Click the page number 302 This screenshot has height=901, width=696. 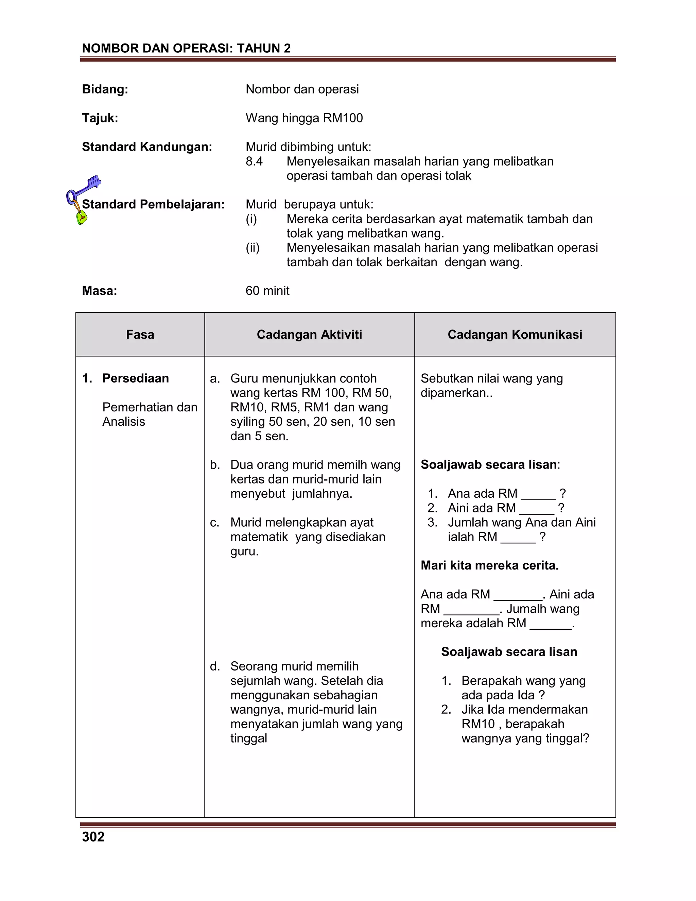tap(93, 837)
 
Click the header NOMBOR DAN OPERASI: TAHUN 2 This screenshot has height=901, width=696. tap(186, 48)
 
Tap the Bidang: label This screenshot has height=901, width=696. tap(105, 89)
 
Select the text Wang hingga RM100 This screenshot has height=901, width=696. tap(304, 118)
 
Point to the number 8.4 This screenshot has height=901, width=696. tap(254, 161)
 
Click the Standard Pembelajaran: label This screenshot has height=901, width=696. tap(153, 204)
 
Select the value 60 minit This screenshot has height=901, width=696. tap(267, 291)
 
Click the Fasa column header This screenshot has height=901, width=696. tap(140, 335)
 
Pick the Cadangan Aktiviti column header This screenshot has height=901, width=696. tap(309, 335)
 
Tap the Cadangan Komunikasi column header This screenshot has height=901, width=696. tap(515, 335)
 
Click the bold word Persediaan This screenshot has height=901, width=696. tap(136, 378)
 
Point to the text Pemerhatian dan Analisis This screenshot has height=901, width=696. tap(149, 414)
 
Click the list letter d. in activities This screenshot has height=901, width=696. tap(215, 666)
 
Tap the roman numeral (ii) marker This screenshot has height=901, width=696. tap(253, 248)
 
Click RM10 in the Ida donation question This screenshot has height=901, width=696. tap(477, 724)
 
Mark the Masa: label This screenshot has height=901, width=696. tap(99, 291)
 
